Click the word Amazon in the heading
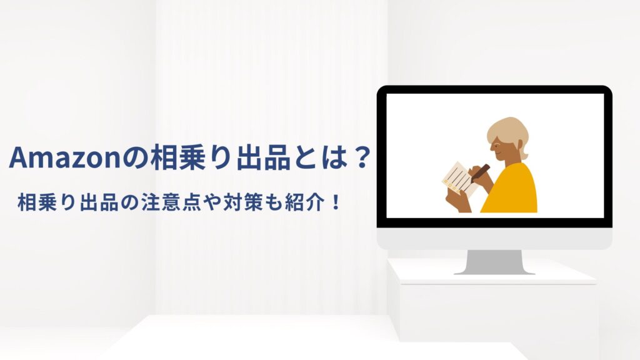tap(64, 157)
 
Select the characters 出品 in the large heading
tap(264, 157)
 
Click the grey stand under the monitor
tap(494, 262)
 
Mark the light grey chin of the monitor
tap(494, 238)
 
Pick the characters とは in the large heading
tap(321, 157)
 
